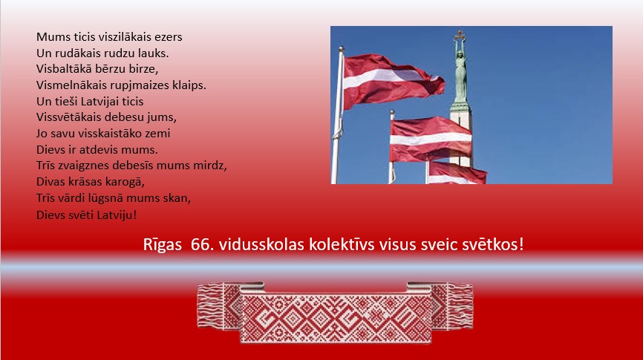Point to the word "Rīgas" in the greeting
[x=163, y=245]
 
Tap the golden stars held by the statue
[x=460, y=35]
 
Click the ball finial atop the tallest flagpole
[x=341, y=49]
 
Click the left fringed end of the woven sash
[x=210, y=306]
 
